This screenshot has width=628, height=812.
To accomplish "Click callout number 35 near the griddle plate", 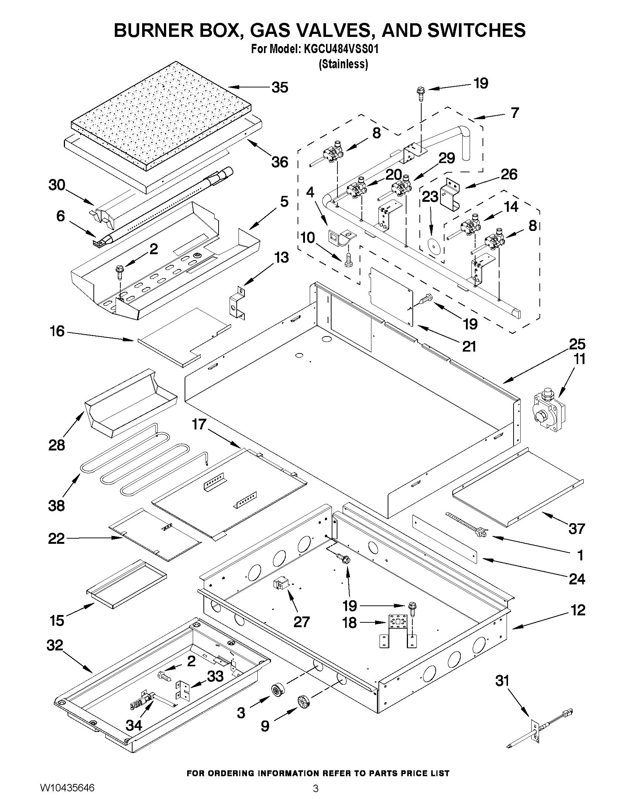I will click(x=279, y=88).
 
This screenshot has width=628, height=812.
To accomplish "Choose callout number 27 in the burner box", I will click(x=301, y=621).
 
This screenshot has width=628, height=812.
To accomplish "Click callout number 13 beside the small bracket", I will click(x=281, y=257).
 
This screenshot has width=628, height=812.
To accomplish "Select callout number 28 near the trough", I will click(x=57, y=445).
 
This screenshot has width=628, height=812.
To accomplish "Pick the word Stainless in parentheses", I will click(x=343, y=64).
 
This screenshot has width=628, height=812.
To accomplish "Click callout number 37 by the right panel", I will click(x=577, y=528).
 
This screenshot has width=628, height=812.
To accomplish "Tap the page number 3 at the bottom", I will click(x=316, y=798).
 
